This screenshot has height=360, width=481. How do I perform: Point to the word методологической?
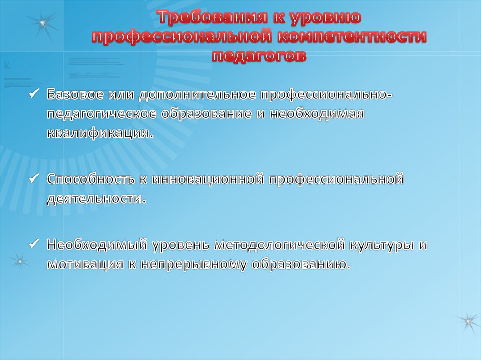tap(280, 245)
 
